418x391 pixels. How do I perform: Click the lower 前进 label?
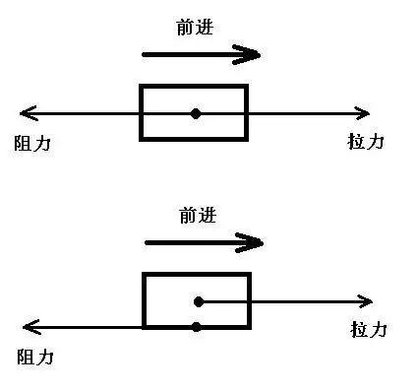(198, 215)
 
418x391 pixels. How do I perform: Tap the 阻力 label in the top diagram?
(31, 143)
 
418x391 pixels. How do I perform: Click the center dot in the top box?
(196, 113)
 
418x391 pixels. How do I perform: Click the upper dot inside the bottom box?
(198, 300)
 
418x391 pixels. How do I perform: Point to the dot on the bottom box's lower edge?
(198, 326)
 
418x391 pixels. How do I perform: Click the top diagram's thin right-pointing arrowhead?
(363, 113)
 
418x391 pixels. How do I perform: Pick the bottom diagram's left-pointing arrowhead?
(30, 326)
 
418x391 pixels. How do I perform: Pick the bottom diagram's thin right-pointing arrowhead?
(366, 300)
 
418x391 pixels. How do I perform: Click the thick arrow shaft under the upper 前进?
(187, 55)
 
